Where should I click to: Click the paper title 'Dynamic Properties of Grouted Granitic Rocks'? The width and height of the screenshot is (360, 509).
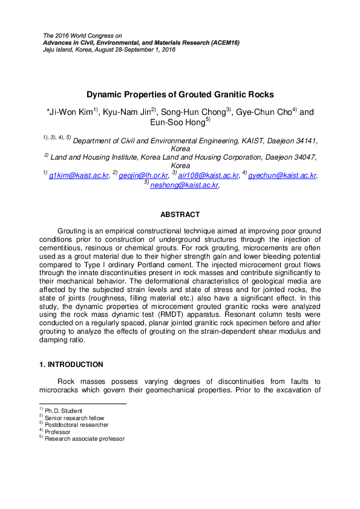[180, 94]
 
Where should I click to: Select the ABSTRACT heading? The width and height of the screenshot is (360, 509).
[180, 214]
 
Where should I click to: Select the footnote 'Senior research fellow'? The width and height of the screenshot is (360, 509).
[74, 418]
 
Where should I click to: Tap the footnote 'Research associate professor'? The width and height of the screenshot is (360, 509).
[85, 439]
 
